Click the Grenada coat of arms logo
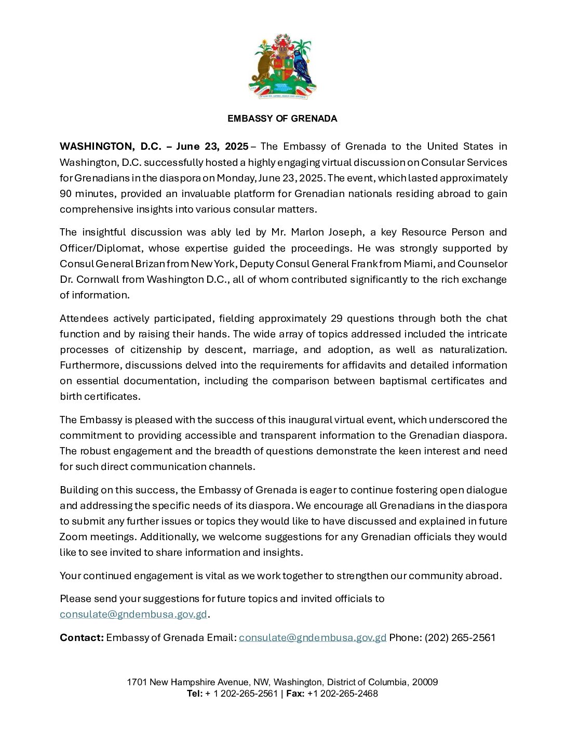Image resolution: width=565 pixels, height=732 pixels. click(x=282, y=67)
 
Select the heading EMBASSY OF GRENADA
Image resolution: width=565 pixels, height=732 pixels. click(x=282, y=119)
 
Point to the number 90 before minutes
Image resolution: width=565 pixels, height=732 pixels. click(x=66, y=193)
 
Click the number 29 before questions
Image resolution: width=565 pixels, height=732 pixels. click(x=337, y=318)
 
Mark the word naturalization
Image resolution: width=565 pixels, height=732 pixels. click(x=473, y=349)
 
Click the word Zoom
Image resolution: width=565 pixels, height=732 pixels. click(x=73, y=537)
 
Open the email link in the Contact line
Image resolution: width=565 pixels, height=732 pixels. click(x=313, y=637)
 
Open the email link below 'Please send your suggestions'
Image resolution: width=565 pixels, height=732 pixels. click(x=133, y=614)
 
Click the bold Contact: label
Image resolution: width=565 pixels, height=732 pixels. click(x=82, y=637)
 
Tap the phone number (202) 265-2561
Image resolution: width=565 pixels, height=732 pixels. click(x=460, y=637)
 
